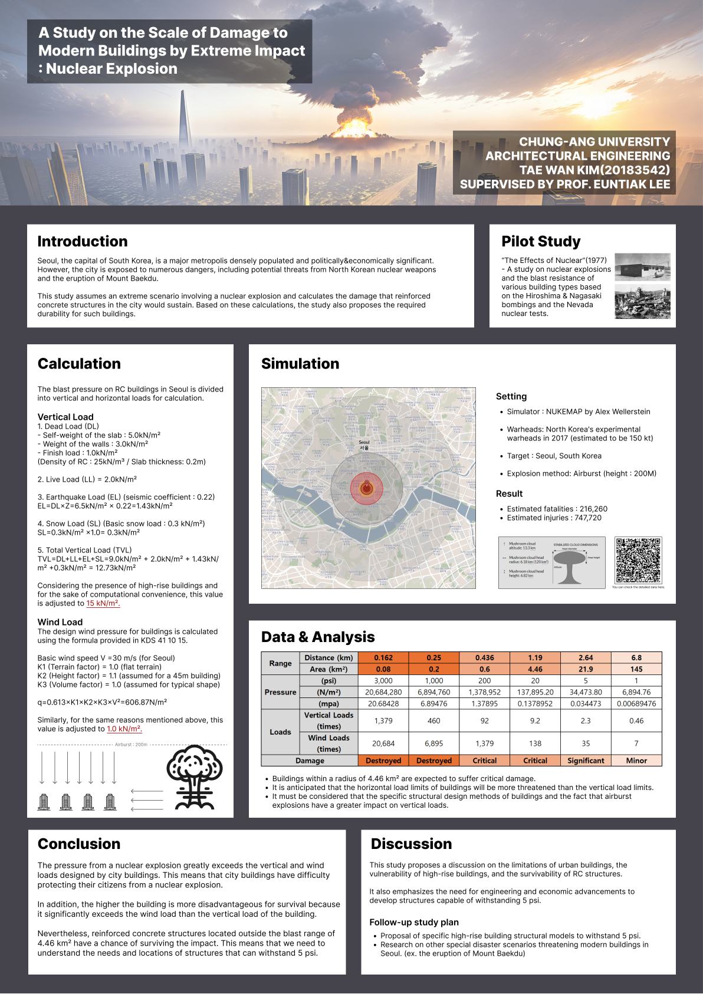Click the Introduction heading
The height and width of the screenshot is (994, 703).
83,242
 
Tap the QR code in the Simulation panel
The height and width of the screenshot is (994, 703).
638,560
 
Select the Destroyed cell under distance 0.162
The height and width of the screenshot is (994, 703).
383,761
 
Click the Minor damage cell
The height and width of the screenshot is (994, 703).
636,761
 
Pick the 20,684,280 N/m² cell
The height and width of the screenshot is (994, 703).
383,692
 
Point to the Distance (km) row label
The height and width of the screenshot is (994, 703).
328,658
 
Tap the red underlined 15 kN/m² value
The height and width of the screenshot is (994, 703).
103,604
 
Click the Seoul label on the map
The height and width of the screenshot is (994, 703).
364,443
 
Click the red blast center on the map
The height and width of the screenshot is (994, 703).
366,488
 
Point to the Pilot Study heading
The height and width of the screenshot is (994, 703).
541,242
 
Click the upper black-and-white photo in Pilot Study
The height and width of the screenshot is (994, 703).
642,266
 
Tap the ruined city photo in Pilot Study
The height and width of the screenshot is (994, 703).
642,302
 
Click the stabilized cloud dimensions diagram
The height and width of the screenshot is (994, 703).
552,562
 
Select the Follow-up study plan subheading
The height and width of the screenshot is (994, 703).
414,923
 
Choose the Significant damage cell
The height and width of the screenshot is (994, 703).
586,761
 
